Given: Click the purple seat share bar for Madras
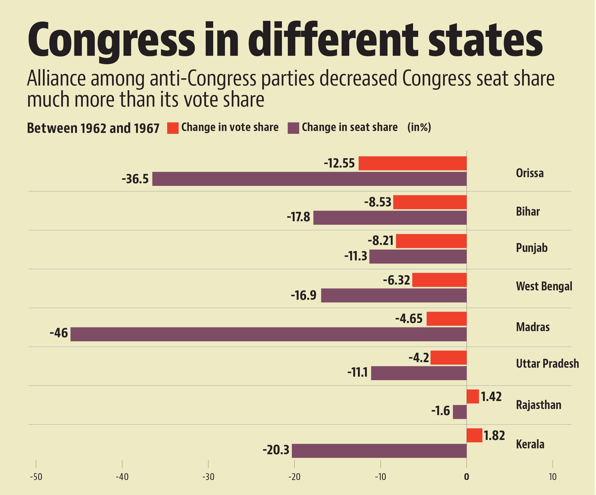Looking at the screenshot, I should coord(268,334).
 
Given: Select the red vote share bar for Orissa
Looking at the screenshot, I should coord(412,163).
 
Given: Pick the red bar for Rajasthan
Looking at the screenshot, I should coord(473,396).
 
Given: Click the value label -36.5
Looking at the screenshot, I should coord(135,179).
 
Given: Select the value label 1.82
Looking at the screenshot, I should coord(494,436).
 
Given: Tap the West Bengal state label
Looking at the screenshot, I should coord(544,286).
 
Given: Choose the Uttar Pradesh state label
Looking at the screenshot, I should coord(547,364).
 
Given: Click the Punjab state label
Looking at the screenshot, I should coord(531,248).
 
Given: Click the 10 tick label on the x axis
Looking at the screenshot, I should coord(552,477).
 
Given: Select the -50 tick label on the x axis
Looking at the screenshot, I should coord(36,477).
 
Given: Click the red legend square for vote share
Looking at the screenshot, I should coord(173,128).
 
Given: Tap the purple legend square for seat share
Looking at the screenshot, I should coord(293,128).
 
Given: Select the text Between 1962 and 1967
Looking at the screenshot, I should coord(93,128).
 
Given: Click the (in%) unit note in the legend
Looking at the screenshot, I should coord(419,127).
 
